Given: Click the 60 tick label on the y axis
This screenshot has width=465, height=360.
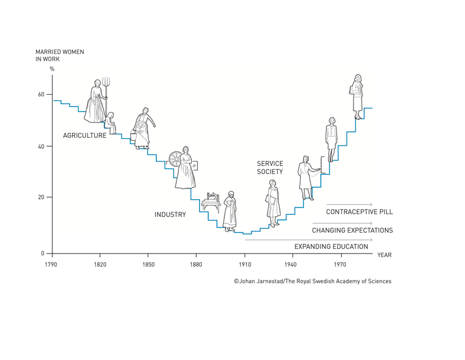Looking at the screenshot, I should pyautogui.click(x=41, y=94).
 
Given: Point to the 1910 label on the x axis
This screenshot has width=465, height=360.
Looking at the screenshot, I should pyautogui.click(x=244, y=265).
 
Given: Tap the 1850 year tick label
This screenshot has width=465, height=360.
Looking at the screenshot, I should pyautogui.click(x=147, y=265).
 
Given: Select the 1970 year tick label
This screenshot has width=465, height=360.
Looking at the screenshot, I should pyautogui.click(x=340, y=265).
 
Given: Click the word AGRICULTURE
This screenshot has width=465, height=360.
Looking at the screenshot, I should pyautogui.click(x=85, y=136).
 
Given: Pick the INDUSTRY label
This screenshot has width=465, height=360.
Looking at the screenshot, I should pyautogui.click(x=170, y=215).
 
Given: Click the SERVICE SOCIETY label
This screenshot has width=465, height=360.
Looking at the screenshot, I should pyautogui.click(x=270, y=167).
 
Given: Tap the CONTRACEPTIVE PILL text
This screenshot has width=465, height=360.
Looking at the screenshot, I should pyautogui.click(x=359, y=212).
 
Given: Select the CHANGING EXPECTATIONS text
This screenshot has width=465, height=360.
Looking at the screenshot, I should pyautogui.click(x=352, y=230).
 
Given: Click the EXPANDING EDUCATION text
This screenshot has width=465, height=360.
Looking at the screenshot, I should pyautogui.click(x=331, y=247).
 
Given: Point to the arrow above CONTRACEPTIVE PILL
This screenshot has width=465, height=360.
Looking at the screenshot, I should pyautogui.click(x=349, y=204).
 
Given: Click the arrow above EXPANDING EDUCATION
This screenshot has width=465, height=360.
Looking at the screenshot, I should pyautogui.click(x=308, y=239).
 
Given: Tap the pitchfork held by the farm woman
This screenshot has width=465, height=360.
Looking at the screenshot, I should pyautogui.click(x=106, y=87).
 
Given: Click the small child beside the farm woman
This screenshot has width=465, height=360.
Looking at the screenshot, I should pyautogui.click(x=110, y=122).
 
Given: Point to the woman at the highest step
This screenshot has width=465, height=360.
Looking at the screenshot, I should pyautogui.click(x=357, y=95).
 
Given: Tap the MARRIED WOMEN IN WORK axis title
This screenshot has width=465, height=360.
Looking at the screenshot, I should pyautogui.click(x=59, y=55).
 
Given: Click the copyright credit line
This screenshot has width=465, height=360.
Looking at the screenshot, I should pyautogui.click(x=312, y=281).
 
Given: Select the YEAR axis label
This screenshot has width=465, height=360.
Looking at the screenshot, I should pyautogui.click(x=384, y=255).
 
